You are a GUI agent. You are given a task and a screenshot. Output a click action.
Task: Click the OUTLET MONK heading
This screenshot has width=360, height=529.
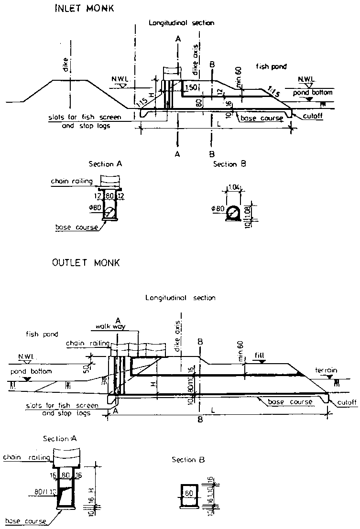[86, 263]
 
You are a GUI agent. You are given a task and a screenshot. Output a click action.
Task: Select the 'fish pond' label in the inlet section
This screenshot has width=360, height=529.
[271, 66]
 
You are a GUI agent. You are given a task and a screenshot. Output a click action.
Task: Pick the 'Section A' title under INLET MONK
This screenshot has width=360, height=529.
[106, 164]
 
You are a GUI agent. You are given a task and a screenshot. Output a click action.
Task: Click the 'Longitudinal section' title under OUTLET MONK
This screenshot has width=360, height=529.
[180, 298]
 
